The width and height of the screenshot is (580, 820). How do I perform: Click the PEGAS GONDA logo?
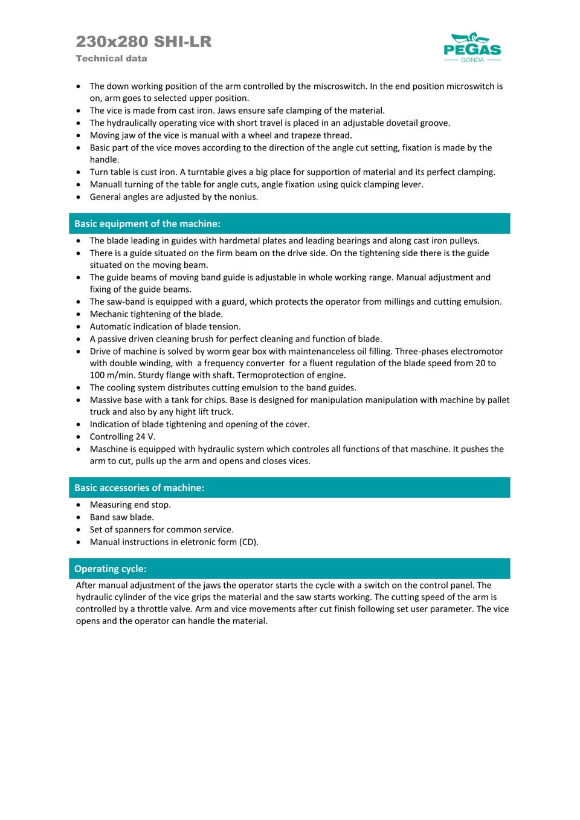pyautogui.click(x=472, y=47)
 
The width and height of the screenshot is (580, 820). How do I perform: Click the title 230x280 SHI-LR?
pyautogui.click(x=144, y=42)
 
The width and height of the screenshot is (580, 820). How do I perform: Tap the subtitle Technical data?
pyautogui.click(x=111, y=59)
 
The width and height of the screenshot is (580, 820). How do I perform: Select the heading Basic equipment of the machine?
pyautogui.click(x=147, y=224)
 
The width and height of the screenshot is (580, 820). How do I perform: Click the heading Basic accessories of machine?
pyautogui.click(x=139, y=488)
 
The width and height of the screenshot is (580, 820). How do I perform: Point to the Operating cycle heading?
pyautogui.click(x=111, y=569)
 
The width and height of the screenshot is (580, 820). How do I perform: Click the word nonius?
pyautogui.click(x=241, y=197)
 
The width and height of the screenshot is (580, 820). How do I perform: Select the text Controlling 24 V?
pyautogui.click(x=123, y=437)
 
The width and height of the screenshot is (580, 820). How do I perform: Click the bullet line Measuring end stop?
pyautogui.click(x=130, y=505)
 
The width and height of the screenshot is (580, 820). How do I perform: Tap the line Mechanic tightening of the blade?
pyautogui.click(x=156, y=314)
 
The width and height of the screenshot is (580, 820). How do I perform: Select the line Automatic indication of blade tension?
pyautogui.click(x=165, y=326)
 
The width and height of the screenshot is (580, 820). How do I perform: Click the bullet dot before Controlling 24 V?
pyautogui.click(x=79, y=437)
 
